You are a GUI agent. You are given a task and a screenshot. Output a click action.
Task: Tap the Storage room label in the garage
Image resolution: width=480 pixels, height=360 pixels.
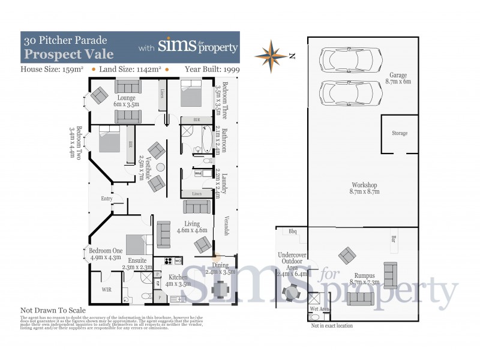(x=400, y=133)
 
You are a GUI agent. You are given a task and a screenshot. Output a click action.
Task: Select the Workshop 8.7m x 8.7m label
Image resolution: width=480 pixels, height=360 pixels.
(x=365, y=188)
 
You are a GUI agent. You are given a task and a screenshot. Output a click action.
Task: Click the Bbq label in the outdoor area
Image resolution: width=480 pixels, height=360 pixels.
(x=293, y=231)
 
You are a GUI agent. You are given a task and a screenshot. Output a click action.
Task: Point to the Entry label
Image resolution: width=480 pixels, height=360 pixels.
(x=107, y=199)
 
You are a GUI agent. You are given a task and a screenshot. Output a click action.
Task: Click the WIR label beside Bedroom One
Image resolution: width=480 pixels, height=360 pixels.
(x=107, y=289)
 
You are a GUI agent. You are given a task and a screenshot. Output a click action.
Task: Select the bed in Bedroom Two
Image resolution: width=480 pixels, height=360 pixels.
(x=110, y=140)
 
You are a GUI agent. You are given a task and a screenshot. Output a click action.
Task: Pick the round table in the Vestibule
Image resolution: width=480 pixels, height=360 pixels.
(x=160, y=167)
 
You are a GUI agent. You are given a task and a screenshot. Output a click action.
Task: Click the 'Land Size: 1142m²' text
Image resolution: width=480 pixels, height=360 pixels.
(x=128, y=69)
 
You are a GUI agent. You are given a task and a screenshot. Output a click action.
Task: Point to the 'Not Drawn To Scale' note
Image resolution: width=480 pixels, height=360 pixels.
(x=53, y=310)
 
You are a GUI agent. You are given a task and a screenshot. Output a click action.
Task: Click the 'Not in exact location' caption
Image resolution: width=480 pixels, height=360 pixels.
(x=332, y=326)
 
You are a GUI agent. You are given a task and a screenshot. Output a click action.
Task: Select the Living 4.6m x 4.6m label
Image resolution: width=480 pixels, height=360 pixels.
(x=193, y=226)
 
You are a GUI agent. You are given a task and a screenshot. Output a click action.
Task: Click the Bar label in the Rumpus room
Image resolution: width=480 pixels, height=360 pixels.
(x=394, y=239)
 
